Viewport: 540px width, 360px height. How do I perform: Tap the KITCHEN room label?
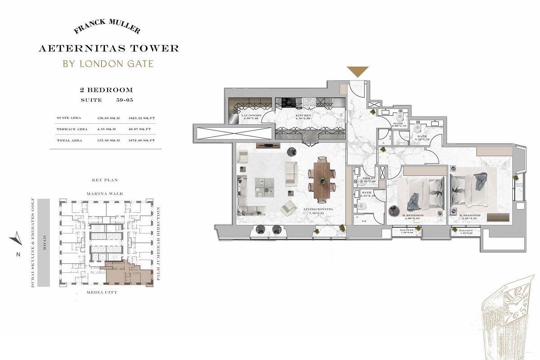(x=303, y=116)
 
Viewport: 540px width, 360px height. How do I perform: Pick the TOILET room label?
(x=369, y=179)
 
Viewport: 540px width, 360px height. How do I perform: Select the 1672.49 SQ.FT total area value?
(x=142, y=140)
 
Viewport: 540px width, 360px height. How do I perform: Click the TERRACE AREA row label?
(x=72, y=129)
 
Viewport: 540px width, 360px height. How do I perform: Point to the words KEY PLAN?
(x=104, y=180)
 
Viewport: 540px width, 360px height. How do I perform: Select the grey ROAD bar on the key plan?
(x=44, y=243)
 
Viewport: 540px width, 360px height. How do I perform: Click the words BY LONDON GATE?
(x=108, y=63)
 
